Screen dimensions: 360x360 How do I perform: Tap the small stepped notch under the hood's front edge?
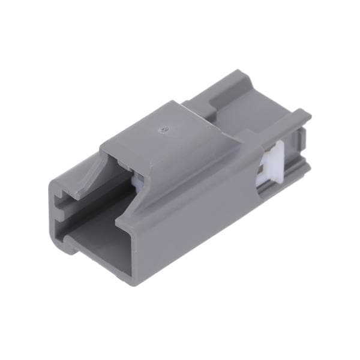(x=123, y=162)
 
